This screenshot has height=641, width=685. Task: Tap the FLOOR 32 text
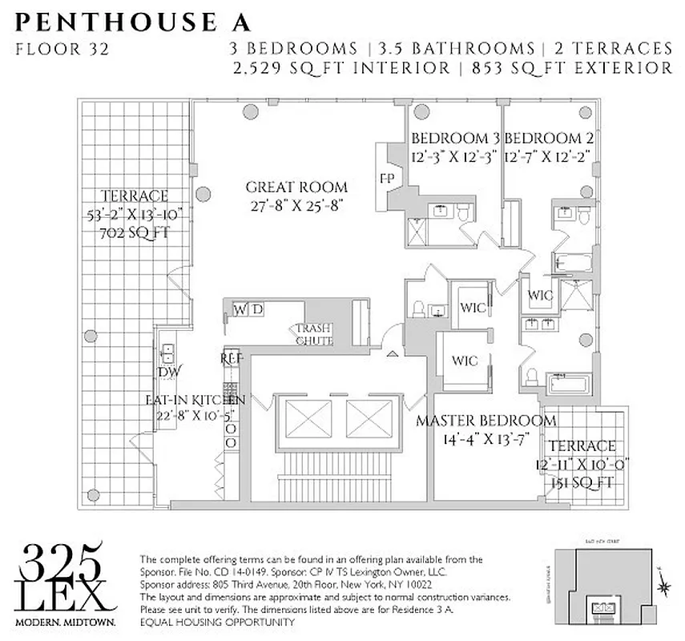62,49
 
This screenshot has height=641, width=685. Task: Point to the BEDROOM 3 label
456,137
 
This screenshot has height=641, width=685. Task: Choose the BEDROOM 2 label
550,137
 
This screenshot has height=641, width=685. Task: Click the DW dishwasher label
168,372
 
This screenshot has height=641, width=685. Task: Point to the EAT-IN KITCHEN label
195,399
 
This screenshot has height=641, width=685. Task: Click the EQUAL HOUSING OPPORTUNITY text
217,623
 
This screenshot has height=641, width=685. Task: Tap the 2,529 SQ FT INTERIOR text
340,69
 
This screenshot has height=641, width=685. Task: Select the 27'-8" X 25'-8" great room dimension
296,206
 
